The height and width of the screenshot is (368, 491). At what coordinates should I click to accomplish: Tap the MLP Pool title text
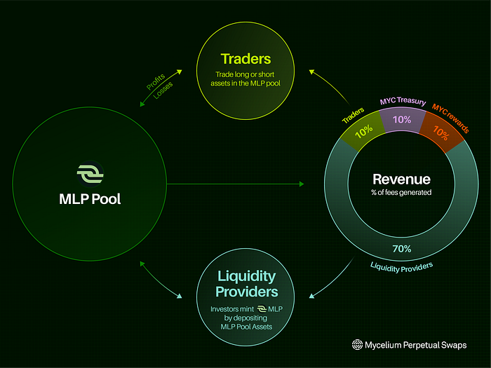coord(90,199)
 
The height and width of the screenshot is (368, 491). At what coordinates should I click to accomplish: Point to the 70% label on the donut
coord(402,249)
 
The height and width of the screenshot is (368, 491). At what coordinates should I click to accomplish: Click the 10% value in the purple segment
coord(401,120)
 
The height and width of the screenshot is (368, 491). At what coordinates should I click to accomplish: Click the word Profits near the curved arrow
coord(153,83)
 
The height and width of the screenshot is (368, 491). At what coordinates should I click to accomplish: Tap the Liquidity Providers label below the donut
coord(402,266)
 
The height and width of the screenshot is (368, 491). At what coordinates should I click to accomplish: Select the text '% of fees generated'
coord(401,193)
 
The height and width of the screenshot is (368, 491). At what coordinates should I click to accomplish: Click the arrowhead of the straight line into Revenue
coord(301,184)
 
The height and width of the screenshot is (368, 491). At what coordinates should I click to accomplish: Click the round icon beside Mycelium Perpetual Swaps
coord(358,345)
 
